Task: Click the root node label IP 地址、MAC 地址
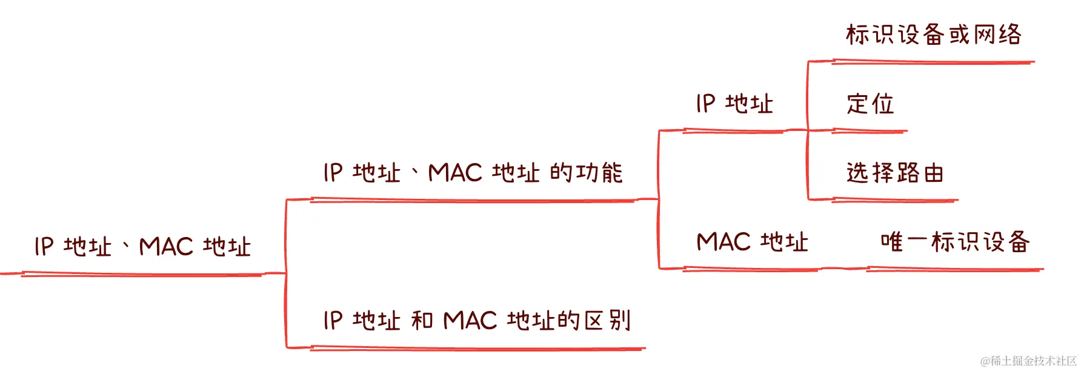142,247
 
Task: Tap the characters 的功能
586,173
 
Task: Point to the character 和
422,320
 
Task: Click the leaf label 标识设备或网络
933,35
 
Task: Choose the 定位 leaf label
870,104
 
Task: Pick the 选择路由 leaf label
895,173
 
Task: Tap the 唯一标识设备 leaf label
955,242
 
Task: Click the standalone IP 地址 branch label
734,104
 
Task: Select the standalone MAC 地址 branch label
752,242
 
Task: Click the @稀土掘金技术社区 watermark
1028,361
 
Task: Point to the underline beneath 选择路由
894,200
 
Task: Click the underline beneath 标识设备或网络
933,62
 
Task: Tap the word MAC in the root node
166,247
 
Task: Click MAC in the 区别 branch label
470,320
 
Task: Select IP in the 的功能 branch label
333,173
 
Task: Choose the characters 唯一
903,242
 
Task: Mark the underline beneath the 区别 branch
477,349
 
